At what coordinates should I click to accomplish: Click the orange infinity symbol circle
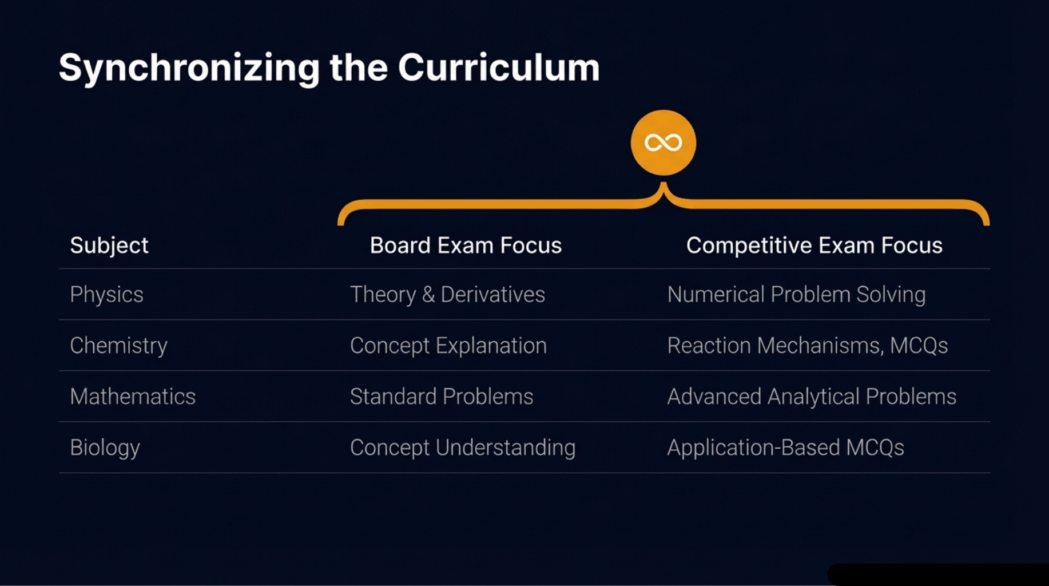[x=663, y=142]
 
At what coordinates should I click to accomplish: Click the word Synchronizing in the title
[x=189, y=68]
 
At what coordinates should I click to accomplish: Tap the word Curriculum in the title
[x=498, y=68]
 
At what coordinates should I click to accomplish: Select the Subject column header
[x=109, y=246]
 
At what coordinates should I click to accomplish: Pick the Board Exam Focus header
[x=466, y=246]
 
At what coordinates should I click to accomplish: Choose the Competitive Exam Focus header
[x=814, y=246]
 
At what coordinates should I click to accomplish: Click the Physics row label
[x=106, y=295]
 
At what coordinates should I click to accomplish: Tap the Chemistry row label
[x=118, y=346]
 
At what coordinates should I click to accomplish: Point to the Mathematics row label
[x=133, y=397]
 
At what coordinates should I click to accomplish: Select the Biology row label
[x=105, y=448]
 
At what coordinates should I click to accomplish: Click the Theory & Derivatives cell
[x=447, y=295]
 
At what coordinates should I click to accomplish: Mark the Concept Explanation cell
[x=448, y=346]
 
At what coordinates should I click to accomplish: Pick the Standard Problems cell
[x=442, y=397]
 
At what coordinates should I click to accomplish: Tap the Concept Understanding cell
[x=462, y=448]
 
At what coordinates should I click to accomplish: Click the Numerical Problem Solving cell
[x=796, y=295]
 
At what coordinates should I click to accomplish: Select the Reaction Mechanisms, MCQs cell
[x=807, y=346]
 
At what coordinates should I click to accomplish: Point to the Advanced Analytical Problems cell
[x=811, y=397]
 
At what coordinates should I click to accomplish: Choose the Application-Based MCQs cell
[x=785, y=448]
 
